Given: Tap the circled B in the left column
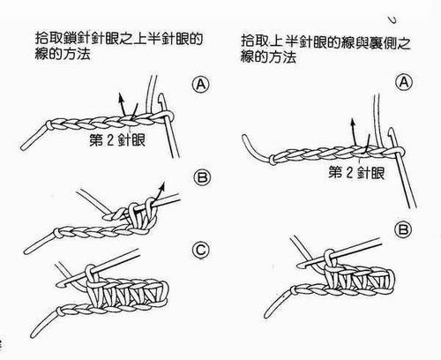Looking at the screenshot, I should (199, 179).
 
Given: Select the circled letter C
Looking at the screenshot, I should (199, 251).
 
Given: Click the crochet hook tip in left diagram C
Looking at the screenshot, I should (62, 281).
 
